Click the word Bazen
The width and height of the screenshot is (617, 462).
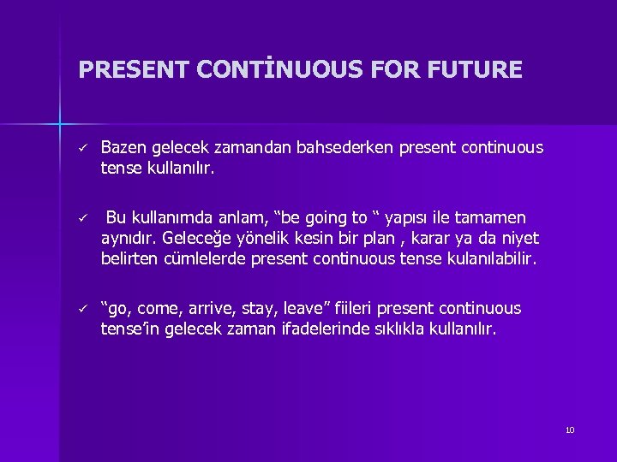coord(123,148)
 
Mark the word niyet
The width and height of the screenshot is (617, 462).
coord(519,238)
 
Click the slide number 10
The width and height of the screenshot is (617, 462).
coord(569,429)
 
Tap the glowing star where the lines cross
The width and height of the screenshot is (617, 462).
coord(60,123)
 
